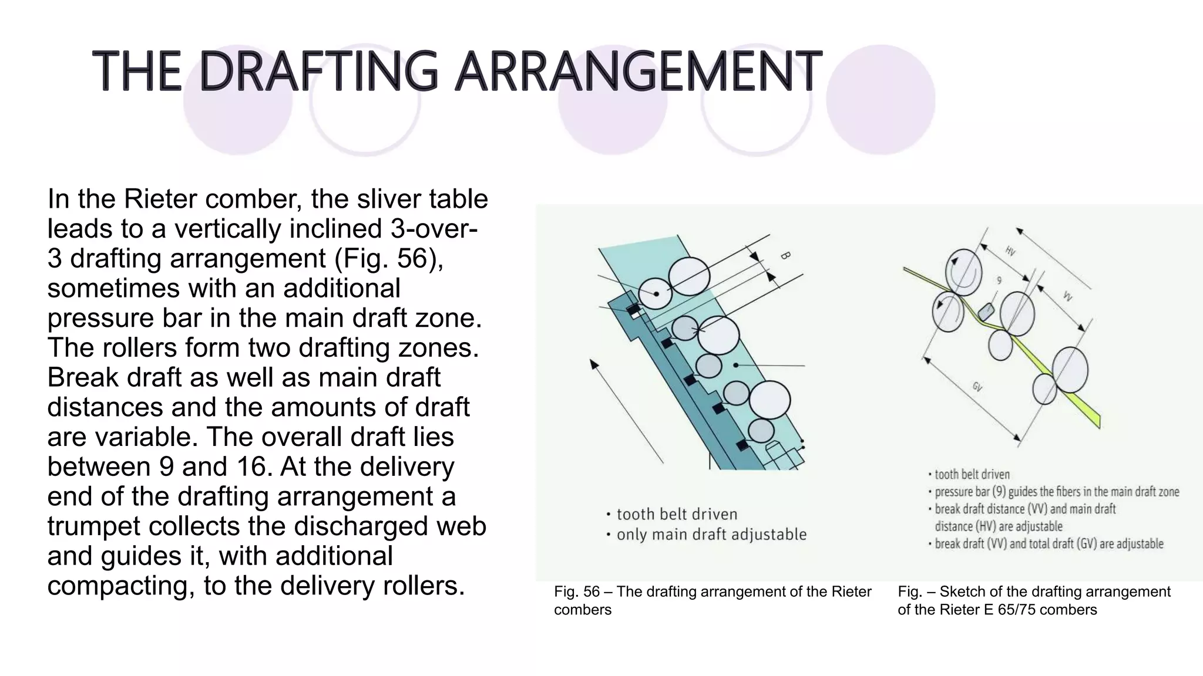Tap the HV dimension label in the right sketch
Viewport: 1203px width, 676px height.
[1010, 251]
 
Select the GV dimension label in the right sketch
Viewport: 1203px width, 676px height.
[977, 387]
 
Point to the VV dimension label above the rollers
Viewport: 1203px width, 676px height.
[1067, 296]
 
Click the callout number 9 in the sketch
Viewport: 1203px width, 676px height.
[999, 280]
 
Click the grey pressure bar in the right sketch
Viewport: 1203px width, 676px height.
[986, 311]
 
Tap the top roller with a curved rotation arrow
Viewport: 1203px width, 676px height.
[963, 272]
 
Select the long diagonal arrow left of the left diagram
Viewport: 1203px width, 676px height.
[626, 411]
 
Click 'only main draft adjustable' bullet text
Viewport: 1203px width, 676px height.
[711, 535]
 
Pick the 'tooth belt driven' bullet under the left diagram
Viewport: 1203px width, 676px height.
[677, 515]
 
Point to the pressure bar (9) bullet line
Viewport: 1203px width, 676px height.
[1056, 492]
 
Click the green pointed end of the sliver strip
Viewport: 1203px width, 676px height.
[1096, 421]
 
